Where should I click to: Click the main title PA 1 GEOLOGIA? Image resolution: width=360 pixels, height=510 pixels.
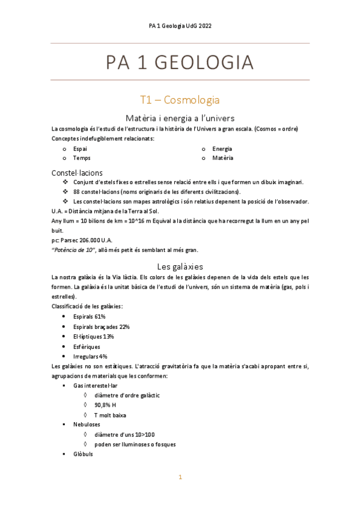click(x=180, y=63)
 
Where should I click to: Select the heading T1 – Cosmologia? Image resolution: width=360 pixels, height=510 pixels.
click(x=180, y=99)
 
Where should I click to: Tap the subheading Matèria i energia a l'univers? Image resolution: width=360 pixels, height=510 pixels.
click(x=180, y=117)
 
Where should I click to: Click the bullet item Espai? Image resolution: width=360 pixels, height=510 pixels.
click(x=79, y=149)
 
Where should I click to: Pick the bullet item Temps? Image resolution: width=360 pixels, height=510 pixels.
click(x=82, y=158)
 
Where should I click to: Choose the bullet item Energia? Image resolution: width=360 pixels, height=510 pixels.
click(x=222, y=149)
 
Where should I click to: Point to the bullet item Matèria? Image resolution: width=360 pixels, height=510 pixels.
click(x=222, y=158)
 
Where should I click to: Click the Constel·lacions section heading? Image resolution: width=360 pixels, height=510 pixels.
click(x=77, y=173)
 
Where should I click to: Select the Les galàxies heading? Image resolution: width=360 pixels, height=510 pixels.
click(x=180, y=266)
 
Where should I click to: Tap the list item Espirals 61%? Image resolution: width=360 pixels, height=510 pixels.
click(x=90, y=316)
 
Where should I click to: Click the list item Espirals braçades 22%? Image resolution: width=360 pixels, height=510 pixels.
click(x=102, y=327)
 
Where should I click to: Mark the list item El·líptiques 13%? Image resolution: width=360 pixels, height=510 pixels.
click(x=93, y=336)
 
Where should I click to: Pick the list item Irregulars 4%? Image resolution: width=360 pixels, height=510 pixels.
click(x=90, y=356)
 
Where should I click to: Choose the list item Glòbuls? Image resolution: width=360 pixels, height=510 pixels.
click(x=85, y=454)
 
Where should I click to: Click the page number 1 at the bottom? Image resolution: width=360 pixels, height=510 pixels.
click(x=180, y=478)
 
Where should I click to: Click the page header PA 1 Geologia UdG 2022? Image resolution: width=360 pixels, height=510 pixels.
click(x=180, y=26)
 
